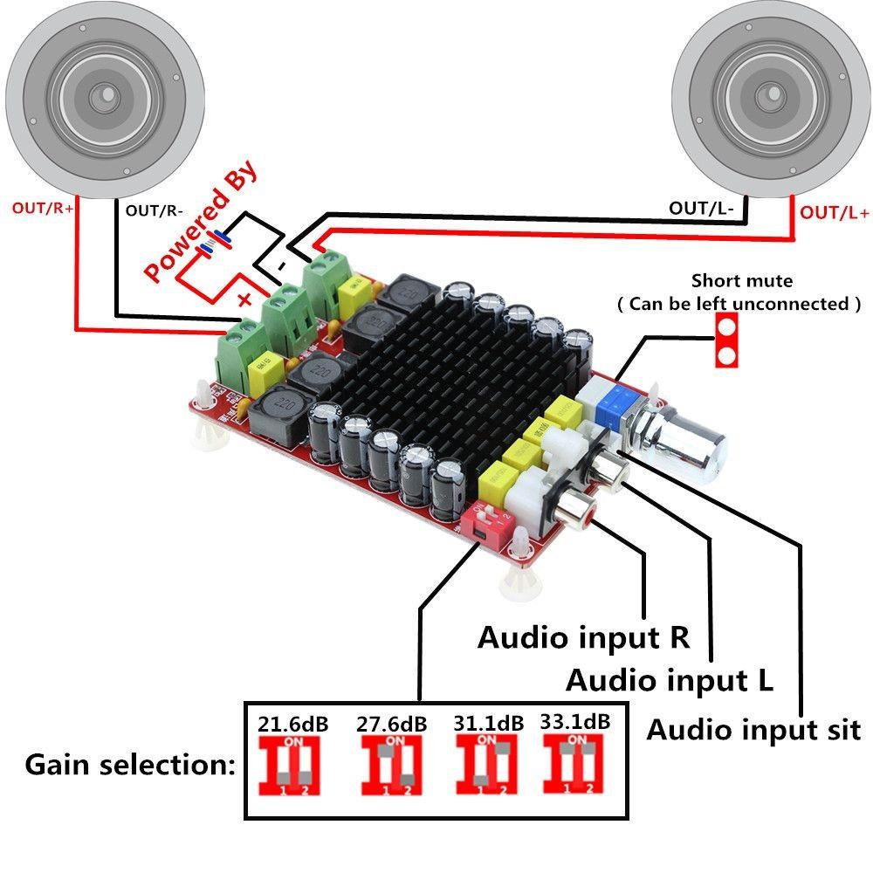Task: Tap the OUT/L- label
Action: [x=701, y=208]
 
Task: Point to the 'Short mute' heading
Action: [x=742, y=281]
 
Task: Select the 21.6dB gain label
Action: [x=293, y=724]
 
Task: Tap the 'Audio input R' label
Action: [x=584, y=637]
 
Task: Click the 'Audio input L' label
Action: [x=670, y=679]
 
